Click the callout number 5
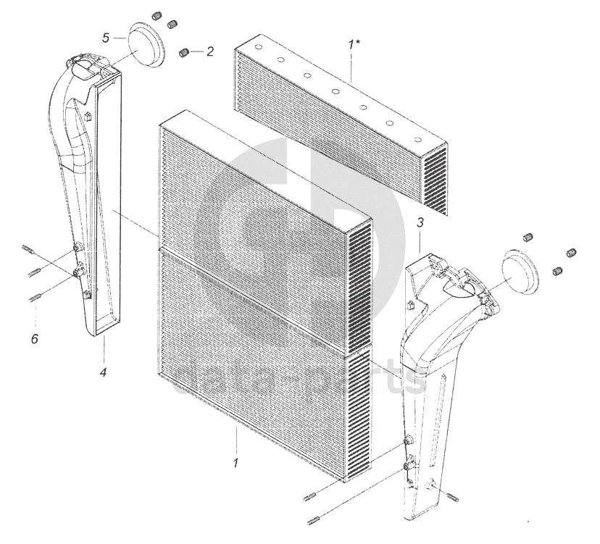click(x=106, y=38)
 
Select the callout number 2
click(x=210, y=51)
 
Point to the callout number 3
click(x=420, y=222)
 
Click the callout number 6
click(x=35, y=338)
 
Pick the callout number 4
click(x=103, y=372)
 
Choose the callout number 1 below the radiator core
click(x=236, y=463)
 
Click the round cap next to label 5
click(x=146, y=46)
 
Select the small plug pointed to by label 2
click(x=185, y=52)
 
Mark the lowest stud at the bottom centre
click(x=313, y=521)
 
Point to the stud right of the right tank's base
click(x=453, y=498)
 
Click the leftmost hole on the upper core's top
click(x=258, y=47)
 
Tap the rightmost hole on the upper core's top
click(x=418, y=140)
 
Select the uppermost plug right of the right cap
click(x=528, y=237)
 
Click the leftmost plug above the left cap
click(x=156, y=17)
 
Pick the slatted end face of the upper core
click(x=433, y=180)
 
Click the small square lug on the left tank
click(x=88, y=115)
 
